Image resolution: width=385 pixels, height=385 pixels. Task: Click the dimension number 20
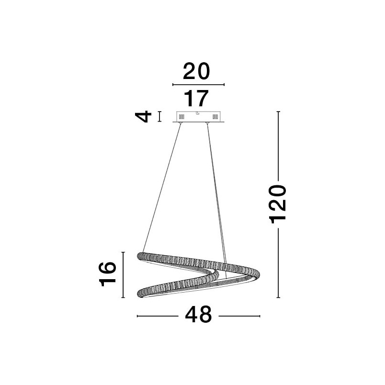[196, 71]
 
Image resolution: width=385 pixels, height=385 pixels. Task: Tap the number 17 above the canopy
[196, 98]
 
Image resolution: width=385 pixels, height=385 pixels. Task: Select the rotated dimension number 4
[143, 116]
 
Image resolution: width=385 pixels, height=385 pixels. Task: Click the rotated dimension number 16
[108, 274]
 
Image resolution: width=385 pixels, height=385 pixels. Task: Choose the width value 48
[198, 315]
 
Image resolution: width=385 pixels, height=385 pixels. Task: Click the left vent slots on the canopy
[181, 116]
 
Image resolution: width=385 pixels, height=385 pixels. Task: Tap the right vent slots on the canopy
[215, 116]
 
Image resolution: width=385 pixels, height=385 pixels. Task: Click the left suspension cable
[162, 188]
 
